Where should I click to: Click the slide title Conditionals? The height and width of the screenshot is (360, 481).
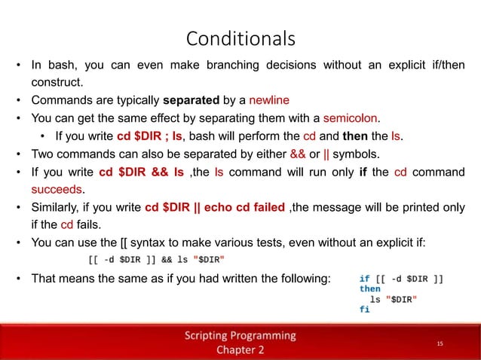coord(240,37)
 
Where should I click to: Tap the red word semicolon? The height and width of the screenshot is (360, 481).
coord(351,117)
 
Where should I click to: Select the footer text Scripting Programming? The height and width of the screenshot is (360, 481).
coord(240,335)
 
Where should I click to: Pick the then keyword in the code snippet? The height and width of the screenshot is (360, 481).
coord(370,288)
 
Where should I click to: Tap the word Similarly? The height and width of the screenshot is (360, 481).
coord(55,207)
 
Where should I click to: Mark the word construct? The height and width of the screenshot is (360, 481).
coord(55,81)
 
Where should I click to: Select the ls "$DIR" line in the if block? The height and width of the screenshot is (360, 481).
coord(393,299)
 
